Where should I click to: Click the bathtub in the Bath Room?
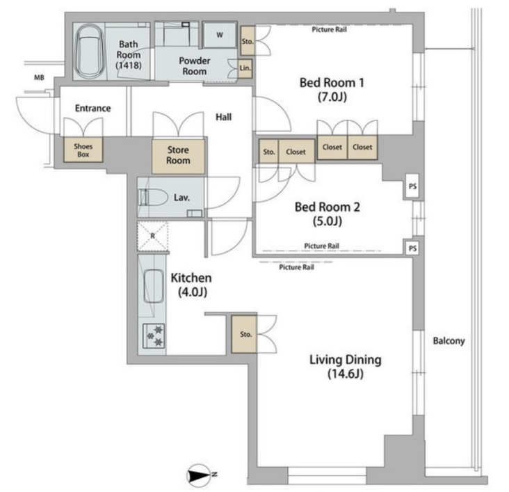click(x=89, y=51)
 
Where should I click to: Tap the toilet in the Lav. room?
click(x=152, y=197)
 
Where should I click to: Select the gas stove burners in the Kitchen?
click(x=154, y=335)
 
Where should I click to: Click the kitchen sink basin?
click(x=153, y=286)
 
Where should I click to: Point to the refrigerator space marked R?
click(x=152, y=236)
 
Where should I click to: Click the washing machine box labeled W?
click(x=220, y=35)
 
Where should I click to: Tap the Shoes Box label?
click(x=83, y=150)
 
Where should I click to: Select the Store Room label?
click(x=178, y=155)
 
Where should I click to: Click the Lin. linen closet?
click(x=245, y=68)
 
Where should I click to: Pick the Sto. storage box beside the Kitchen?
click(x=244, y=334)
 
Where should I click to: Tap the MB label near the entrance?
click(x=39, y=78)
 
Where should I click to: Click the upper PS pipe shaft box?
click(x=412, y=187)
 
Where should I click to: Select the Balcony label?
click(x=449, y=341)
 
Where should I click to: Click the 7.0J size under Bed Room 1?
click(x=332, y=97)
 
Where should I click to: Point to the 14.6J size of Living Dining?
click(x=345, y=374)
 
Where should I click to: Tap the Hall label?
click(x=224, y=117)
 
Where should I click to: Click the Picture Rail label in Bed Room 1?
click(x=329, y=29)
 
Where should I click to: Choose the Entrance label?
click(x=93, y=109)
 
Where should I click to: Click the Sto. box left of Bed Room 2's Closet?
click(x=269, y=152)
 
